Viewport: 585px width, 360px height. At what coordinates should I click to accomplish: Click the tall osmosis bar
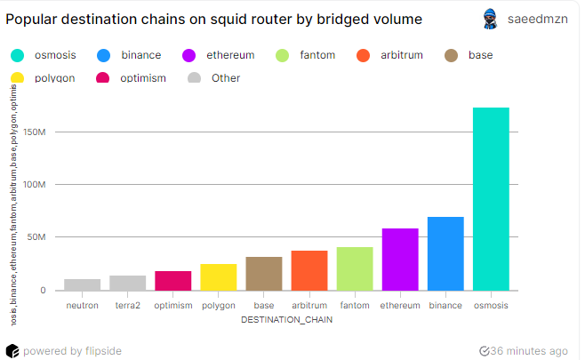pos(491,199)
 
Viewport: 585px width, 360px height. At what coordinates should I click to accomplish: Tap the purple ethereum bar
pos(400,260)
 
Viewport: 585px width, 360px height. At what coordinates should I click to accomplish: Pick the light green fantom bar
pos(355,268)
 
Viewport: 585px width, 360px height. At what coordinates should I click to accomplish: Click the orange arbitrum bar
pos(309,270)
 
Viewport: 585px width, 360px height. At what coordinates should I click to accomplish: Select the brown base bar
pos(264,274)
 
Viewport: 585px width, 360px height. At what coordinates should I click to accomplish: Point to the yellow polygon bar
pos(219,277)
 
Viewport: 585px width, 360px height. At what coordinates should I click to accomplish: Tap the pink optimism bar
pos(173,281)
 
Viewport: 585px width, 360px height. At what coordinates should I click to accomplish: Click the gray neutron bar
pos(83,284)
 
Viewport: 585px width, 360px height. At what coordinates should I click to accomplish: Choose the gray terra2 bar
pos(128,283)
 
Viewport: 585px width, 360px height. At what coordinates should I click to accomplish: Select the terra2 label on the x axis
pos(128,306)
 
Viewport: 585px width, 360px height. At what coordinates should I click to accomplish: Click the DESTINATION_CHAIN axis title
pos(286,320)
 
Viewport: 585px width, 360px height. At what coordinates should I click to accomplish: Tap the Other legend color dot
pos(196,78)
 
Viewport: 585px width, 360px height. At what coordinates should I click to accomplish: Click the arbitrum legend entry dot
pos(363,55)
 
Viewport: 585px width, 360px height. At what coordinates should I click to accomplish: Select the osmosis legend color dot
pos(17,55)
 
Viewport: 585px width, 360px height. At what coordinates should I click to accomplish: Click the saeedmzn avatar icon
pos(489,19)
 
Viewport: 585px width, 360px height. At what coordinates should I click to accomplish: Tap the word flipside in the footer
pos(103,351)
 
